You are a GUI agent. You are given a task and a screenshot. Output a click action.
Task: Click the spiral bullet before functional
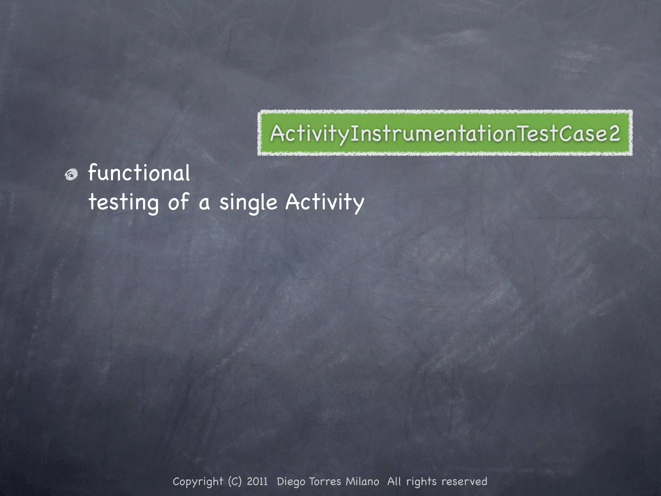tap(71, 175)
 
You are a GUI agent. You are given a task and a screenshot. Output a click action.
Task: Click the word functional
tap(139, 173)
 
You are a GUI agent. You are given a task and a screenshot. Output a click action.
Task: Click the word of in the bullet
tap(178, 201)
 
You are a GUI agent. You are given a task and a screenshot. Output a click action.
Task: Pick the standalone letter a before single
tap(204, 203)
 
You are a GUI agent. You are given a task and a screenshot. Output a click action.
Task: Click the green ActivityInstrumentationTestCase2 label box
tap(445, 133)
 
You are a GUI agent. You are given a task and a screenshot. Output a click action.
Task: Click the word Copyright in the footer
tap(198, 481)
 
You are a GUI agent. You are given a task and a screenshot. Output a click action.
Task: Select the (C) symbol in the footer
tap(235, 481)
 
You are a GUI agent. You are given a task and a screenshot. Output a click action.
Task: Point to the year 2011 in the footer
tap(257, 481)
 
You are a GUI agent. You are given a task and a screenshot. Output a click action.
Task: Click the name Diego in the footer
tap(291, 481)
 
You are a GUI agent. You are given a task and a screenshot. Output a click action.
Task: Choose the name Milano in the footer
tap(362, 481)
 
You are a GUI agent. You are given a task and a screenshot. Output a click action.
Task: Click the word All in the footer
tap(394, 481)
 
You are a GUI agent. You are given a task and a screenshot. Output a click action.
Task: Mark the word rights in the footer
tap(421, 481)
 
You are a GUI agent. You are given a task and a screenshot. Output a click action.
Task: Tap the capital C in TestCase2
tap(567, 133)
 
